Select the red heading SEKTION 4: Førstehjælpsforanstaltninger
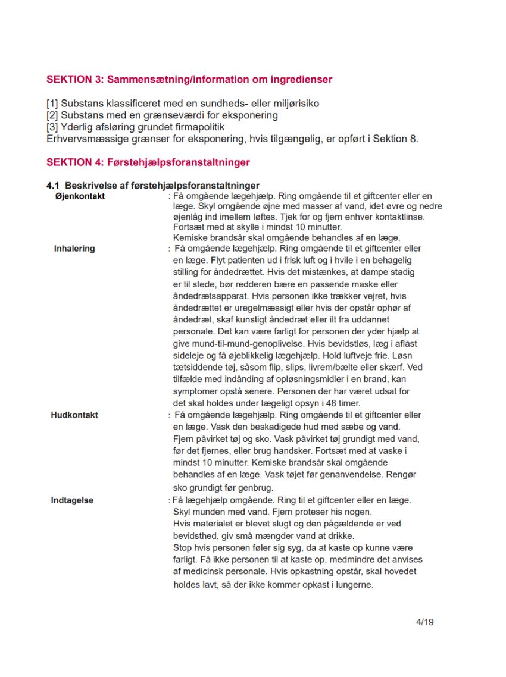tap(148, 162)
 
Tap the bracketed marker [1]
tap(52, 104)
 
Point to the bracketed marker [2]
tap(52, 115)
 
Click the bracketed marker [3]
tap(52, 127)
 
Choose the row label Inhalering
tap(74, 249)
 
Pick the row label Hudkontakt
tap(74, 415)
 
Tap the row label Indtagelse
tap(72, 500)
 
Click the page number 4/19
tap(425, 623)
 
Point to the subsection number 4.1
tap(54, 186)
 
